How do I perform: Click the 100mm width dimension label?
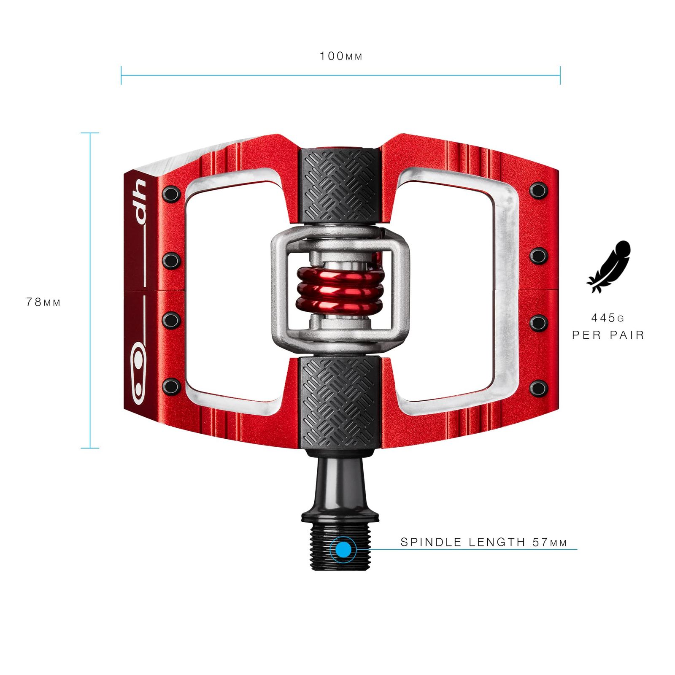[341, 56]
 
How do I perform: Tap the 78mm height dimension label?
[43, 302]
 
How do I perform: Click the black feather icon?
[609, 267]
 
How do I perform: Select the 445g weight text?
[607, 318]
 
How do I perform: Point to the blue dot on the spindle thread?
[344, 550]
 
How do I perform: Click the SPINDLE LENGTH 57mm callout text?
[483, 542]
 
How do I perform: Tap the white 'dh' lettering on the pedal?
[140, 202]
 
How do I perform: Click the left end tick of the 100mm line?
[121, 76]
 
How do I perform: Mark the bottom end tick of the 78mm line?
[90, 448]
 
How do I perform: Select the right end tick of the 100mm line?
[560, 76]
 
